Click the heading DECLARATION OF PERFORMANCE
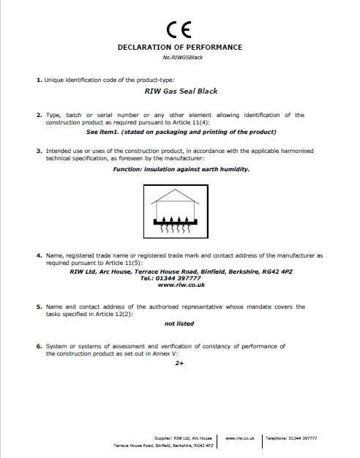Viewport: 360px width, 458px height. pos(179,47)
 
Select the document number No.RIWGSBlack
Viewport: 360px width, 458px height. pos(179,57)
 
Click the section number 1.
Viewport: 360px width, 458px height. pos(38,78)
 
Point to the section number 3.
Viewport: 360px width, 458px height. pos(38,151)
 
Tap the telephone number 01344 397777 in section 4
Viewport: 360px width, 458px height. pos(180,278)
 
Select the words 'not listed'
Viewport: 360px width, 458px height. pos(179,323)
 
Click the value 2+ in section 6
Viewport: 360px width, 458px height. pos(179,363)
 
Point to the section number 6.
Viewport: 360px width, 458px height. pos(38,345)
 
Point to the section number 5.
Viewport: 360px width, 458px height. pos(38,307)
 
